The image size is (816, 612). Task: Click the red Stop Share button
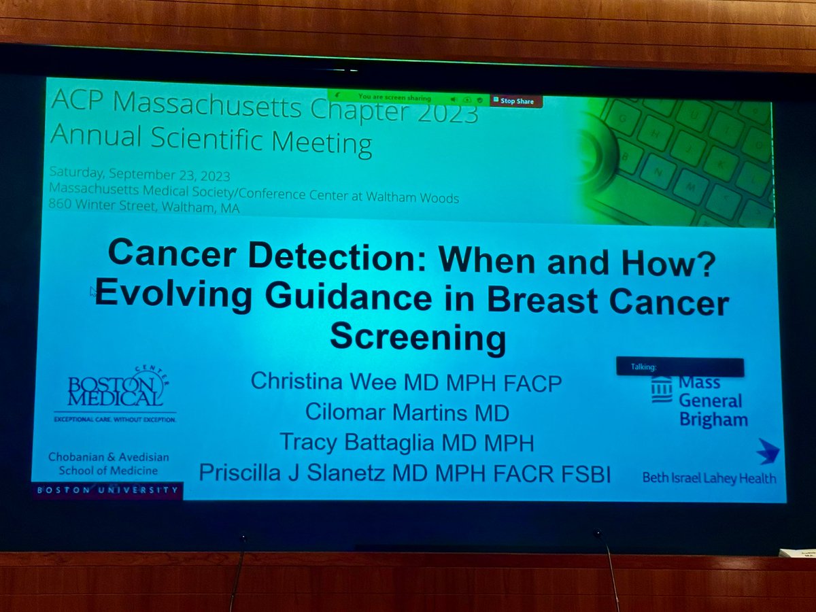tap(517, 101)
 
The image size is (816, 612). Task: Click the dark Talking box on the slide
tap(679, 367)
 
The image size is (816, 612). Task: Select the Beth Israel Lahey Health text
tap(709, 478)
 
